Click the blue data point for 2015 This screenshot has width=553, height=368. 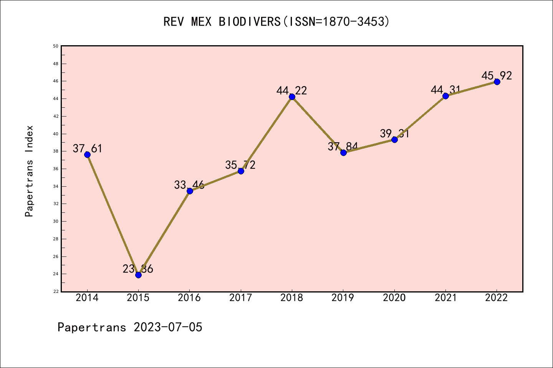tap(138, 275)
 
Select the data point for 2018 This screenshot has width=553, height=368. tap(292, 97)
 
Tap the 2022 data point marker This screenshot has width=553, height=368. tap(497, 82)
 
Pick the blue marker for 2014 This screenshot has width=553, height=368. tap(87, 154)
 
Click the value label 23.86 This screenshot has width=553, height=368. tap(138, 269)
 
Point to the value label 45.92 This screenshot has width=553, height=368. tap(497, 76)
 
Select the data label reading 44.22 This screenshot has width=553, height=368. tap(291, 90)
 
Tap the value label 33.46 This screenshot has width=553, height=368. tap(189, 185)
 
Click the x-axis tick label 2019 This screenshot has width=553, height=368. tap(343, 298)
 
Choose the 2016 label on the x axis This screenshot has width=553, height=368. tap(189, 298)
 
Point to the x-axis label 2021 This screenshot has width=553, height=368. tap(445, 298)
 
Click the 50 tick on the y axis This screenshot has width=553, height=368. tap(56, 46)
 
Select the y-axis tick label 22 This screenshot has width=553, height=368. tap(56, 291)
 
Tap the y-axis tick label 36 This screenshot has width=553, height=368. tap(56, 169)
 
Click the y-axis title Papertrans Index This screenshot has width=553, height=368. tap(29, 171)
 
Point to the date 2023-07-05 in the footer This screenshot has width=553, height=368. tap(168, 327)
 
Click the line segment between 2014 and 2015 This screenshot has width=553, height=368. tap(113, 215)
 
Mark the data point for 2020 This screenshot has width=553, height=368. tap(394, 140)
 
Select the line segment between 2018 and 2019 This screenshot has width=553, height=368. tap(318, 125)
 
